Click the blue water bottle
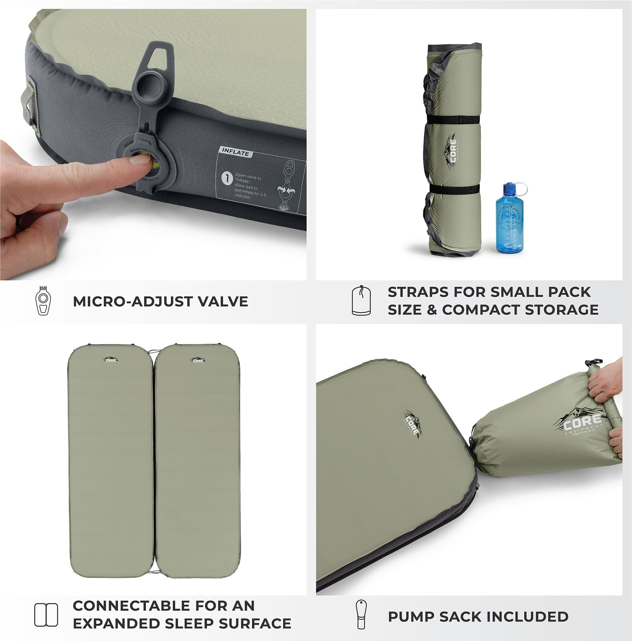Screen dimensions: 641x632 pos(509,222)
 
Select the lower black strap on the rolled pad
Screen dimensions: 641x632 pos(454,189)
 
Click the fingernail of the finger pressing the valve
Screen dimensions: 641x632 pos(140,160)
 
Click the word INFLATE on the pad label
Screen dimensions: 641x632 pos(235,152)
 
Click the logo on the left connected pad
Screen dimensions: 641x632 pos(110,360)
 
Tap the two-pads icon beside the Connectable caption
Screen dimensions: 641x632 pos(46,615)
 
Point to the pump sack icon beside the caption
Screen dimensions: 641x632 pos(361,614)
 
